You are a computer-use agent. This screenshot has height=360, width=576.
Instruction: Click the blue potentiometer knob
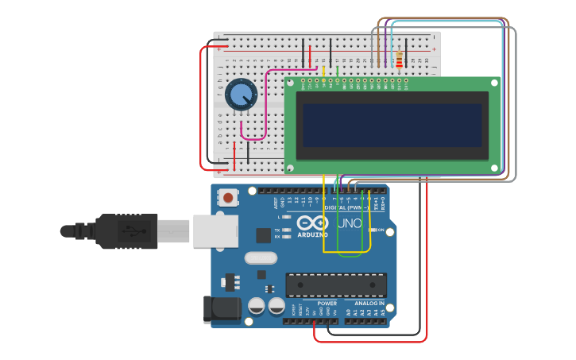pos(241,95)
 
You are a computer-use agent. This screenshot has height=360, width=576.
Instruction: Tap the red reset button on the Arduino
pos(229,197)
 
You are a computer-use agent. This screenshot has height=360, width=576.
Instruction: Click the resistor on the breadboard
pos(399,59)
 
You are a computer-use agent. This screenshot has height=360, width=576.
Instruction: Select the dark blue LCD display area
pos(392,124)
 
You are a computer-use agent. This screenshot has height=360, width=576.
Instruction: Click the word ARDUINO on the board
pos(313,234)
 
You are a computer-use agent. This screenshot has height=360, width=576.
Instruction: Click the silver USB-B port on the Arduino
pos(215,230)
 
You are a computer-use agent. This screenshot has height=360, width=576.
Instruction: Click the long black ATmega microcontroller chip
pos(336,285)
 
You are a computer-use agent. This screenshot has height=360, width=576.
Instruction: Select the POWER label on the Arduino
pos(327,303)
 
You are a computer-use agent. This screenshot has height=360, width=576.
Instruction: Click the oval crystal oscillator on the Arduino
pos(260,257)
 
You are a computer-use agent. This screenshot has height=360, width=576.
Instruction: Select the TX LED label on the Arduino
pos(276,230)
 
